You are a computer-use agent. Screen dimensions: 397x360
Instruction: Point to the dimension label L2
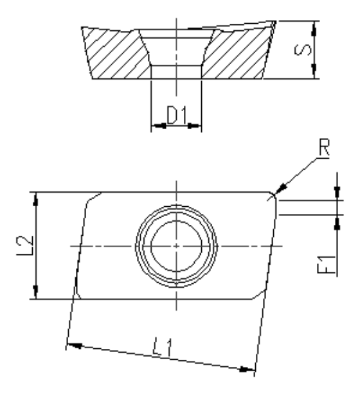click(x=24, y=245)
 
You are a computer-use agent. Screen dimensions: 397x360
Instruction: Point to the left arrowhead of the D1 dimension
click(x=154, y=125)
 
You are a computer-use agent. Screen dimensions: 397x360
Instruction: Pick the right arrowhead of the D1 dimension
click(x=197, y=125)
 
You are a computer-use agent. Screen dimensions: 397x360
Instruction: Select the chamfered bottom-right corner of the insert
click(x=258, y=293)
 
